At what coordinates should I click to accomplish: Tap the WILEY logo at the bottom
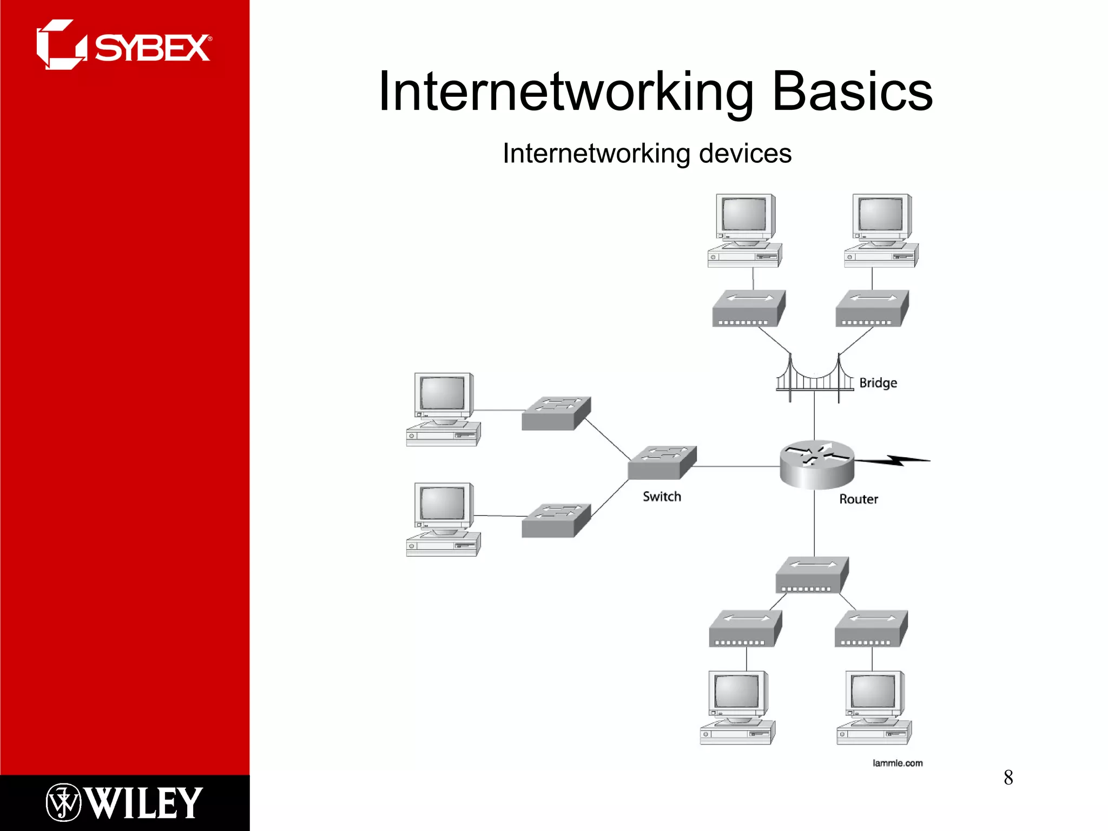124,802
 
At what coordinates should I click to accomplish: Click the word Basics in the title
852,92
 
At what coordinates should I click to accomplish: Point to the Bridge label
878,383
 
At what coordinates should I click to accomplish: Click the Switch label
661,497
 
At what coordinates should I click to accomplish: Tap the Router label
858,499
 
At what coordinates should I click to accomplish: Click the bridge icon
814,379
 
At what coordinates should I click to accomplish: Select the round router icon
816,464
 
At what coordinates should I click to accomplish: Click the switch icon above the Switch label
662,463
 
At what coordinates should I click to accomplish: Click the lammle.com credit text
897,763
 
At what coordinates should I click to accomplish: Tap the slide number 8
1008,777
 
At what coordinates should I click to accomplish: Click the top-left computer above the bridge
745,230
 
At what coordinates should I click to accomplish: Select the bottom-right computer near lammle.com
873,708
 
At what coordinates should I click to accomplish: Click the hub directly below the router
812,575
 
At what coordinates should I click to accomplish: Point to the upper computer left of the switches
443,409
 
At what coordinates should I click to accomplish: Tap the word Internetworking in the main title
565,92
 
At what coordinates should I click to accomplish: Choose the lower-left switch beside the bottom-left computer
556,520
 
